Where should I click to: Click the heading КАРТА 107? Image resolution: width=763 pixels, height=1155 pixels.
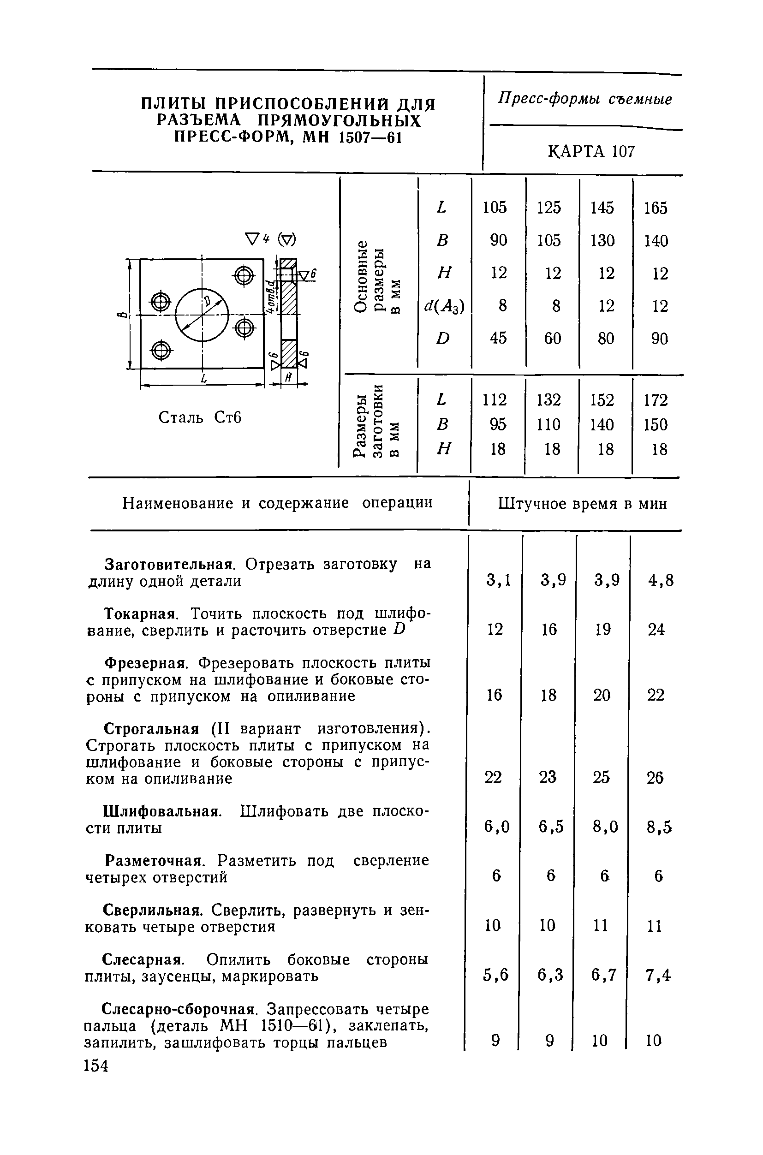591,152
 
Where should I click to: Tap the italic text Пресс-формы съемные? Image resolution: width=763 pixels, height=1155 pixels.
585,100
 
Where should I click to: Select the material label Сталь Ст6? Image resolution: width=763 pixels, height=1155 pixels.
200,417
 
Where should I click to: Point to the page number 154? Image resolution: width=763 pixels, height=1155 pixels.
96,1066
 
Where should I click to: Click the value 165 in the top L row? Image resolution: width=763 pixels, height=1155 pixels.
656,208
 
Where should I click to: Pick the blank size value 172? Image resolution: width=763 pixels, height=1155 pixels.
656,400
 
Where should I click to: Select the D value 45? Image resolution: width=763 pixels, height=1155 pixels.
499,338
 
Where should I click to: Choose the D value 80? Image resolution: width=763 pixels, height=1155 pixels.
606,338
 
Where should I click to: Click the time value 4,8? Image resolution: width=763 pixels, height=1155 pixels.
660,580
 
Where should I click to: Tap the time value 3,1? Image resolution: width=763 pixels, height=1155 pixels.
499,580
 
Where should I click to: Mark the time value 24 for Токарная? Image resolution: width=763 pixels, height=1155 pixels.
656,630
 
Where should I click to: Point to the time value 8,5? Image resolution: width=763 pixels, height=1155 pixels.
659,827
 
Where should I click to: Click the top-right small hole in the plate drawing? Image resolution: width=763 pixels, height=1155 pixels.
244,277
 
